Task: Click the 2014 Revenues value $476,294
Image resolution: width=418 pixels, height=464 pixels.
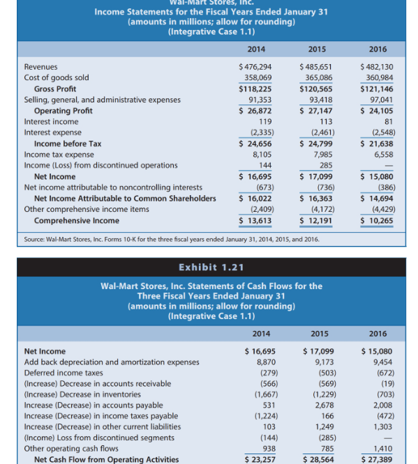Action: tap(255, 67)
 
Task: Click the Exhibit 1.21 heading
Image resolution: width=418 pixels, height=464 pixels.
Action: tap(209, 268)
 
